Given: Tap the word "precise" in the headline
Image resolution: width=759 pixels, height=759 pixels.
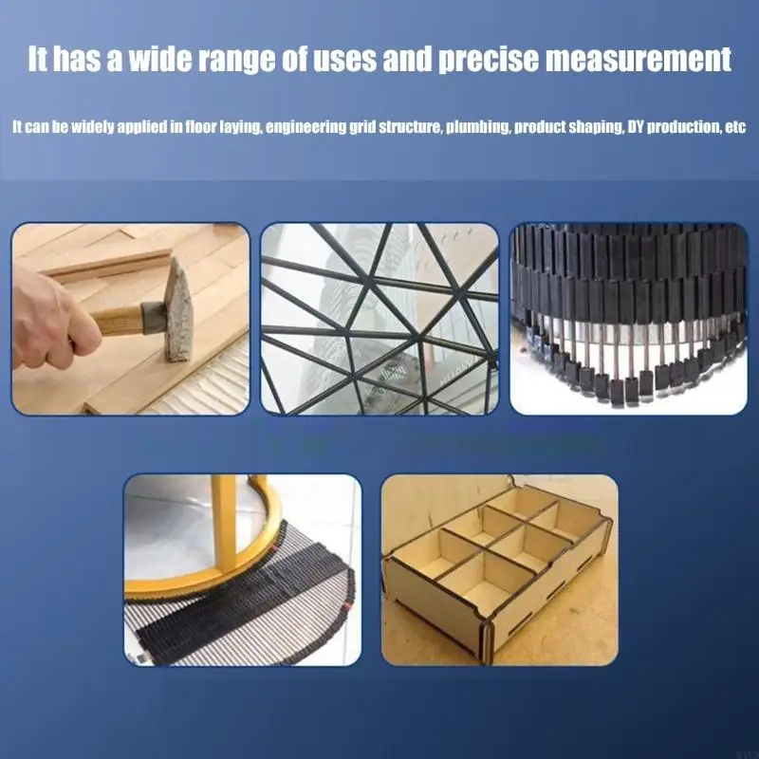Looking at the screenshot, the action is (488, 59).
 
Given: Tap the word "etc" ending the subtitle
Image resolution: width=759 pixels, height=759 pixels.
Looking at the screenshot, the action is (736, 127).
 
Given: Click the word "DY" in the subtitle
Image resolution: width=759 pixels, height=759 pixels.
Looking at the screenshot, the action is (636, 127).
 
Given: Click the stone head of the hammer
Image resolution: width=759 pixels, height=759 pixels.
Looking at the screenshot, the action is (178, 310).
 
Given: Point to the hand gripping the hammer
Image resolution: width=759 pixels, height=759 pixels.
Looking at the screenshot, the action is (53, 320).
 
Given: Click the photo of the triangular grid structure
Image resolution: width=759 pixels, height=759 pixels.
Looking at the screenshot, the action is (379, 319).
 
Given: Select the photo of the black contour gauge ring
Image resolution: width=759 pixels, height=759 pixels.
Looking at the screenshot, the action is (628, 319).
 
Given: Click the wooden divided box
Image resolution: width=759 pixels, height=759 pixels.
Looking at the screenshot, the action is (499, 566).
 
